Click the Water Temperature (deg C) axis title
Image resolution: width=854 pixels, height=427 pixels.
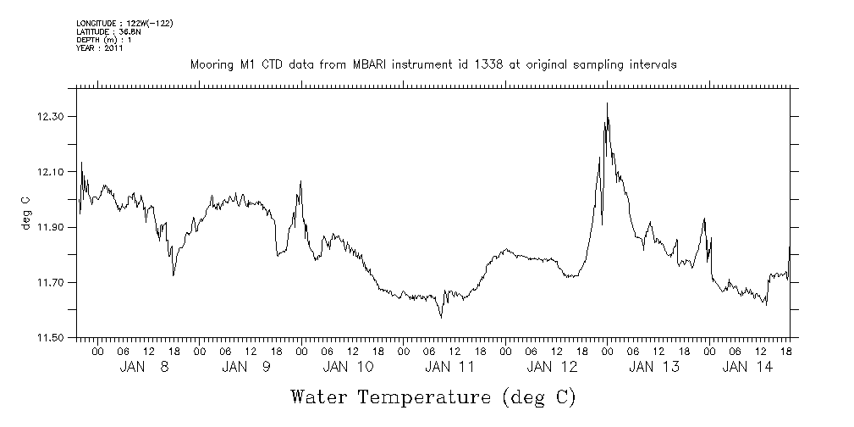(x=433, y=396)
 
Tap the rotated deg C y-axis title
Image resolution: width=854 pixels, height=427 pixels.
(x=25, y=212)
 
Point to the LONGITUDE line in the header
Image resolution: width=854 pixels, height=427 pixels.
(x=124, y=23)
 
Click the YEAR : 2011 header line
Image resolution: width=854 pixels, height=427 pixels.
(x=100, y=48)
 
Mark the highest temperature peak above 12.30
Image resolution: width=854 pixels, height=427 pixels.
(x=607, y=103)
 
